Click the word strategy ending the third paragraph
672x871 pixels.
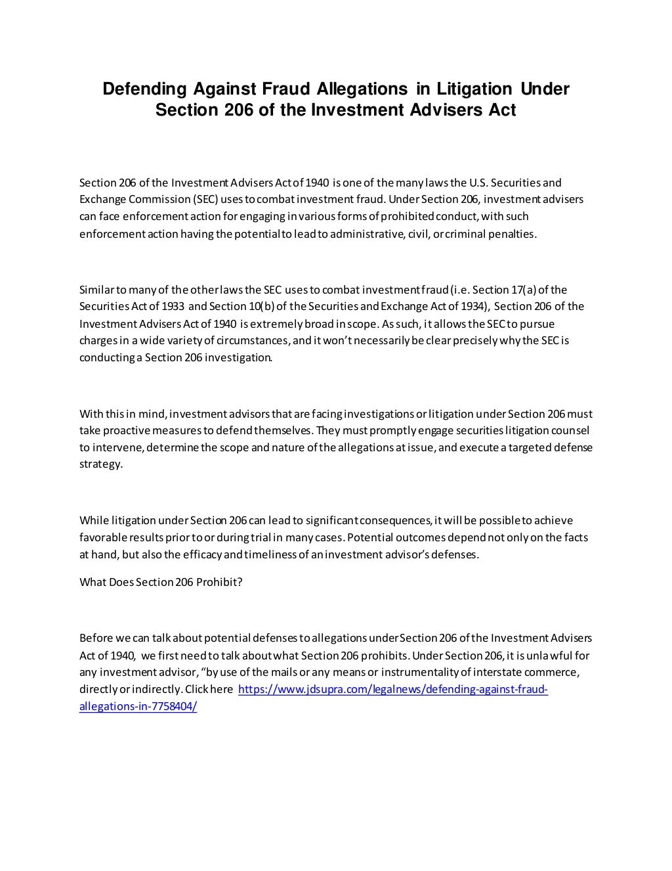(100, 464)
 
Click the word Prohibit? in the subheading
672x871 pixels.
(220, 583)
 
